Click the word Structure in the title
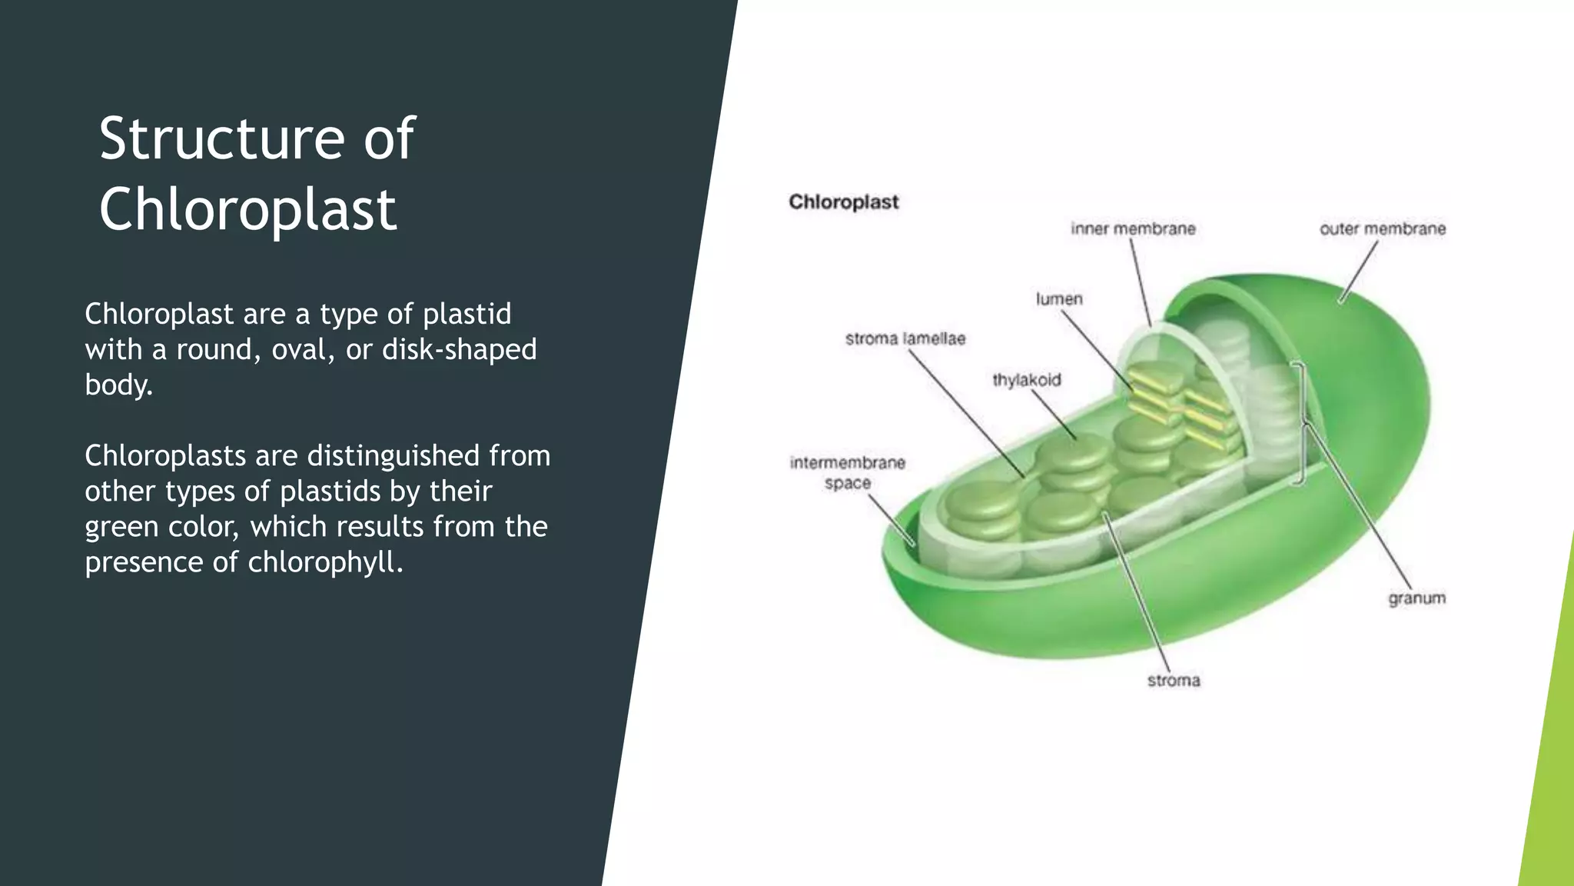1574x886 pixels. pos(221,139)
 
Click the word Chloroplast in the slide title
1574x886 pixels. pos(247,210)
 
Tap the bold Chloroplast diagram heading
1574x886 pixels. pos(843,202)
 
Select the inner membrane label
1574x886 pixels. pos(1133,229)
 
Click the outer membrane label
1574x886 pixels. pos(1382,229)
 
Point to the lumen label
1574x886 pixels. pos(1058,299)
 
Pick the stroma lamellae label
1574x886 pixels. pos(905,339)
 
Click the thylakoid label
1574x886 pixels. pos(1026,380)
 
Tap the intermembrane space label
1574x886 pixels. pos(847,472)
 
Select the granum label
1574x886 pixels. pos(1416,598)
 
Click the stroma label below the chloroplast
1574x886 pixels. pos(1173,681)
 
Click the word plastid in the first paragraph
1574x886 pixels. pos(467,314)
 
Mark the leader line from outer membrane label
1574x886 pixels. pos(1359,272)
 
